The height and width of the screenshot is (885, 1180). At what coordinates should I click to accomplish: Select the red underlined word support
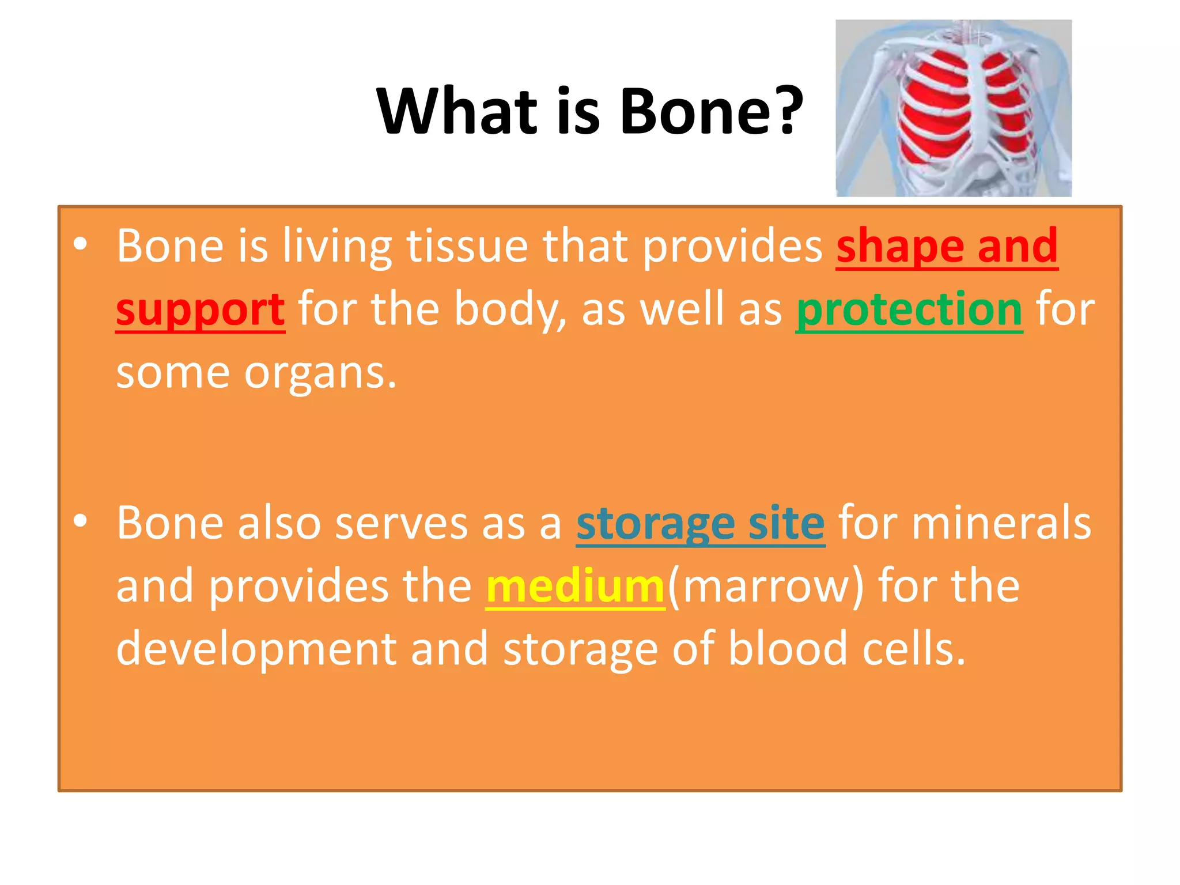pos(200,310)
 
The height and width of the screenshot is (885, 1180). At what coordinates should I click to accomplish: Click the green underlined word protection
pos(909,310)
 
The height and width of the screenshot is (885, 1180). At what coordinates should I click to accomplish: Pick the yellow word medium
pos(575,587)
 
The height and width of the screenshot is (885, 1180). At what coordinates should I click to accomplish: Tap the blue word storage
pos(655,523)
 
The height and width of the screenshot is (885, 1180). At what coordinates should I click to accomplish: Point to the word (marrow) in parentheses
pos(766,587)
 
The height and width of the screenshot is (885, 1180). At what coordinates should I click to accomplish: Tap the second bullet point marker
pos(80,521)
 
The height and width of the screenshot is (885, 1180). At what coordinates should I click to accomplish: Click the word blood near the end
pos(788,649)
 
